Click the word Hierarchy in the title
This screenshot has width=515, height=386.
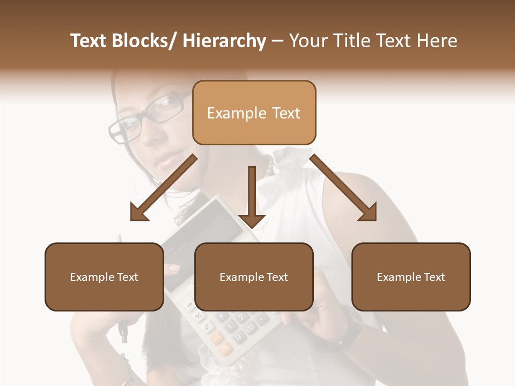224,41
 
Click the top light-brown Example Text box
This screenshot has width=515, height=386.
254,113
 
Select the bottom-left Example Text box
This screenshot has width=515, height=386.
104,277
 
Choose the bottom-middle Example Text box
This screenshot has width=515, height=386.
254,277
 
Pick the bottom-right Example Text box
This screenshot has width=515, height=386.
411,277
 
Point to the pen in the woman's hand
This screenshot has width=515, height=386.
123,327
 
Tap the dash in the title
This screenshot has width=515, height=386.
277,41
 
